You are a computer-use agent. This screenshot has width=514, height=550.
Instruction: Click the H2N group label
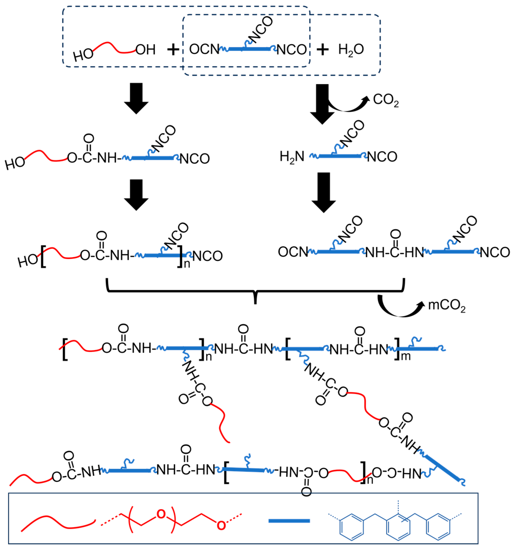pyautogui.click(x=292, y=157)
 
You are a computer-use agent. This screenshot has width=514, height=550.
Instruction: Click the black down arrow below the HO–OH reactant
pyautogui.click(x=136, y=98)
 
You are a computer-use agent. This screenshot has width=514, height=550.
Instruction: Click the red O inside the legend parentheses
pyautogui.click(x=161, y=514)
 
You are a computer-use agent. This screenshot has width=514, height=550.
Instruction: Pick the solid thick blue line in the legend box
pyautogui.click(x=289, y=521)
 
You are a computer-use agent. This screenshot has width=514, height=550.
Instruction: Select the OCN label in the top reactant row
pyautogui.click(x=204, y=49)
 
